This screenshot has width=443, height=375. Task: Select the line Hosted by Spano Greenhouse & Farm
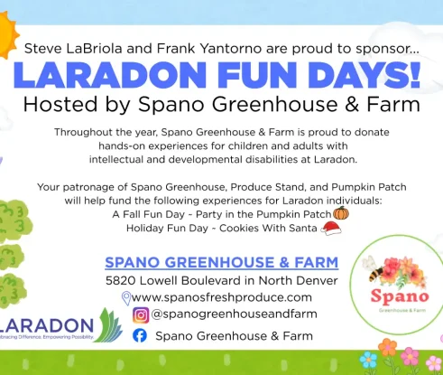(221, 104)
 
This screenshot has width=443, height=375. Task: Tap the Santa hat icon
(331, 230)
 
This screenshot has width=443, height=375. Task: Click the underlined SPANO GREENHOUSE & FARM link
(221, 263)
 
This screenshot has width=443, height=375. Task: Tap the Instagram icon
(140, 315)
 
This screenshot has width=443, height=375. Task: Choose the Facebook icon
(140, 335)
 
